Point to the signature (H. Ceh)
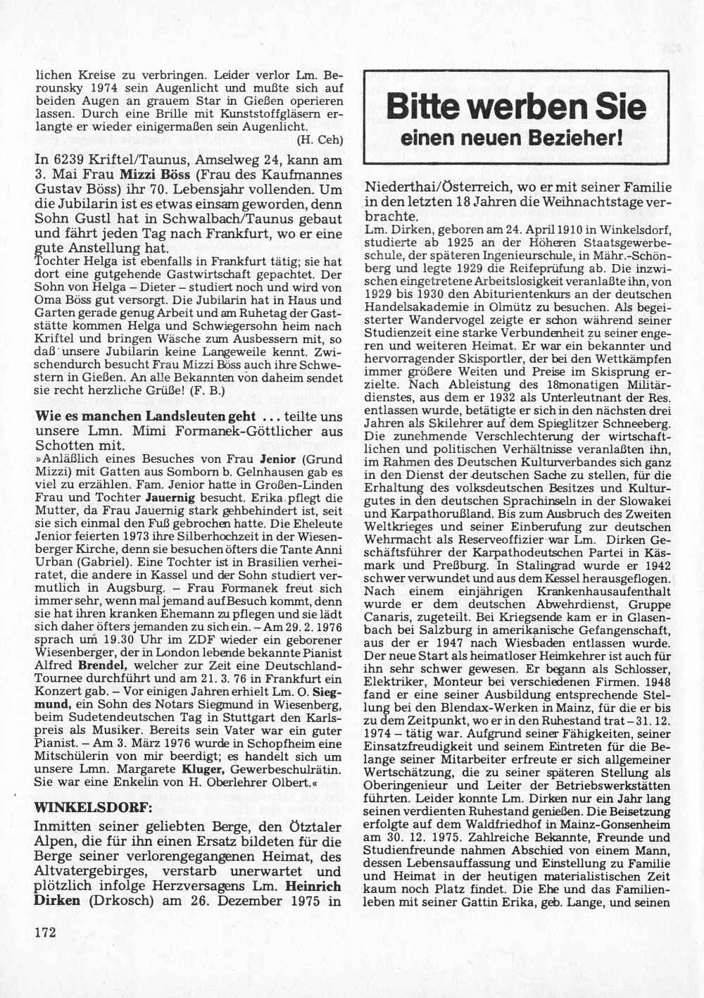320,139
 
